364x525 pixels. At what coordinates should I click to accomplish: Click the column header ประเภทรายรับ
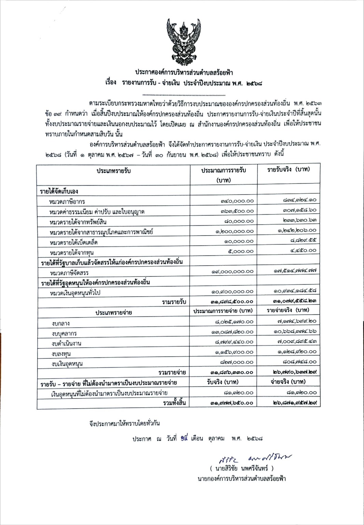(113, 171)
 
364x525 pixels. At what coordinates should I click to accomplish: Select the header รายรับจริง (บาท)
(289, 170)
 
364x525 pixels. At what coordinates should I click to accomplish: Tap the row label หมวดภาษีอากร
(67, 201)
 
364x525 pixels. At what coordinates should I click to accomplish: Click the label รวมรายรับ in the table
(174, 301)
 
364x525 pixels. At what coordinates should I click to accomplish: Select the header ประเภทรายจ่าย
(114, 312)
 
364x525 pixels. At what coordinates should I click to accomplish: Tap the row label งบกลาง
(61, 323)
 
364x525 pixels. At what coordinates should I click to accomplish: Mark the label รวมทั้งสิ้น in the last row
(174, 403)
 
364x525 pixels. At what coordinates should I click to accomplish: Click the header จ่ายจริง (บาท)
(288, 382)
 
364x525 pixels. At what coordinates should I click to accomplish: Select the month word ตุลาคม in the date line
(216, 438)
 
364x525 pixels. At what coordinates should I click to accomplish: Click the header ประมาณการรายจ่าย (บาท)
(223, 311)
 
